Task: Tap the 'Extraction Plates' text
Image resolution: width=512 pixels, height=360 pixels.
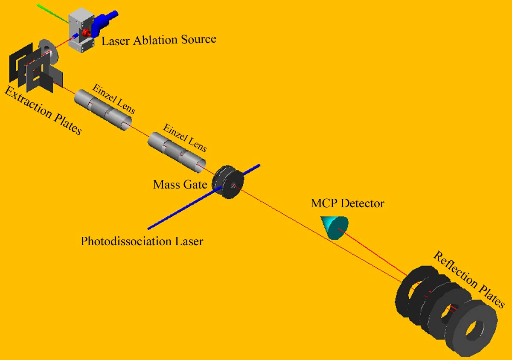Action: [x=43, y=110]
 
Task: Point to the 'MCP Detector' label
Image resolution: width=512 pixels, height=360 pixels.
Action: [x=347, y=203]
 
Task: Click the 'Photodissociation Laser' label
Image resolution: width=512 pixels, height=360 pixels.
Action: [x=142, y=241]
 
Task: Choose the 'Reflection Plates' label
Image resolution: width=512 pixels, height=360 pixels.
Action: [x=468, y=279]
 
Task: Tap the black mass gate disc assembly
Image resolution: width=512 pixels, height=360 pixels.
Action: [x=228, y=181]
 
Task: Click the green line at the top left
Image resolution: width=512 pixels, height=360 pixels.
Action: [x=53, y=14]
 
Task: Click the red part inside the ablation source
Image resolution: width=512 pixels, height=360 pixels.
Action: [x=87, y=33]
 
